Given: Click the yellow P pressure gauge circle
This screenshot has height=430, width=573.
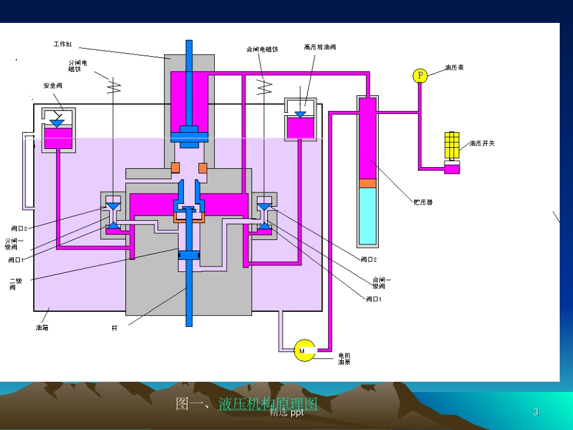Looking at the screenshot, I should click(420, 75).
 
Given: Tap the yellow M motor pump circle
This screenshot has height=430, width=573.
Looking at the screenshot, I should click(303, 350).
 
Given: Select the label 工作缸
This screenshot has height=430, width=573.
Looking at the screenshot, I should click(63, 44).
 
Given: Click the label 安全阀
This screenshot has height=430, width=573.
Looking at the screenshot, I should click(52, 85).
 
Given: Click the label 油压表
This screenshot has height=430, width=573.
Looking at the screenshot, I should click(454, 68).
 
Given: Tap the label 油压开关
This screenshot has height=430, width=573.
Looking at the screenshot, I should click(482, 144).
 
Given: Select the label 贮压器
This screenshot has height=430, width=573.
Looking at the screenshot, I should click(423, 203).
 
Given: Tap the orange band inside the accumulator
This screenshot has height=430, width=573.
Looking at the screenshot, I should click(367, 183).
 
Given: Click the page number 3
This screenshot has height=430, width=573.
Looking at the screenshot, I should click(536, 413).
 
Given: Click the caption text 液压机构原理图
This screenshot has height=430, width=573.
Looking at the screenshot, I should click(268, 403).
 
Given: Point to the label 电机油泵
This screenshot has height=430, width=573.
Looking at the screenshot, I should click(344, 358).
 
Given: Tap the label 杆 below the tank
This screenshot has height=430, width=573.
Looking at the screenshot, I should click(115, 329).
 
